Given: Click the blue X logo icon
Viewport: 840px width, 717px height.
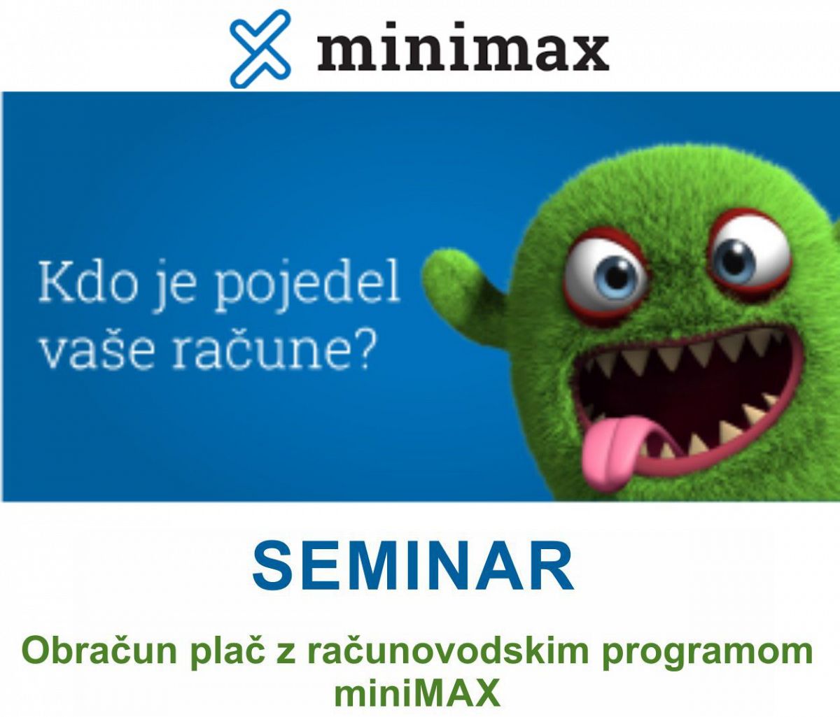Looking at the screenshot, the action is tap(260, 48).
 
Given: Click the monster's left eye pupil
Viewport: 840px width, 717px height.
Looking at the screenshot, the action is tap(617, 278).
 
